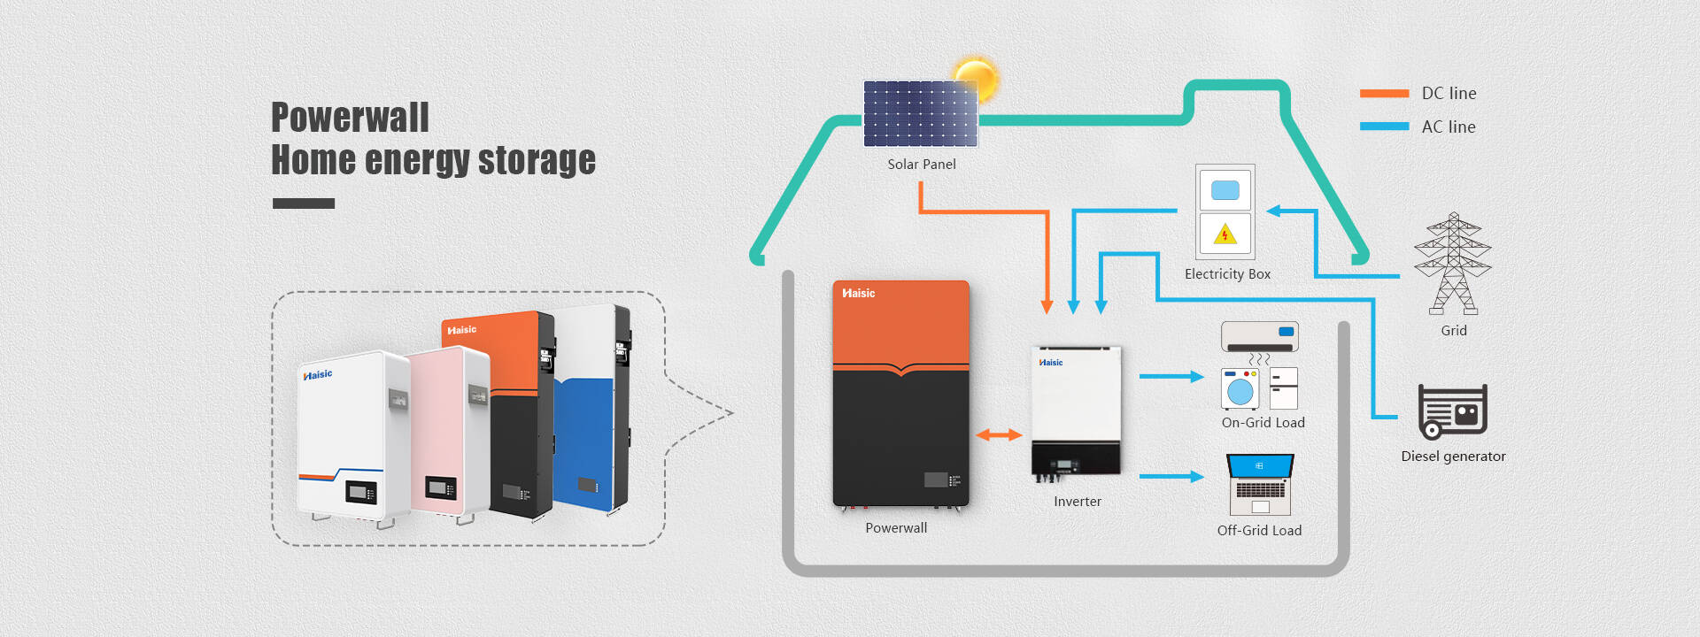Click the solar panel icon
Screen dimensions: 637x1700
(920, 113)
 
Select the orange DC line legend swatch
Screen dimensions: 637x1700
(1384, 93)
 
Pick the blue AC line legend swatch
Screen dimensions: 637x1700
(1384, 127)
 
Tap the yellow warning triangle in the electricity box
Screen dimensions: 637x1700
(1225, 234)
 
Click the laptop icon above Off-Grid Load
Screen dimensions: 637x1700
(1260, 484)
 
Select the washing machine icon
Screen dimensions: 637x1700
(1240, 388)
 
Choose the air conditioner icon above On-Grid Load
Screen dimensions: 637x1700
(1259, 336)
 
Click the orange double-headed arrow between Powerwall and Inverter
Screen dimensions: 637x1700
(999, 434)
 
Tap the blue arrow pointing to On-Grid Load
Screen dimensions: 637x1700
(1171, 376)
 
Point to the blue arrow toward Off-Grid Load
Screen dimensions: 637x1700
(1171, 477)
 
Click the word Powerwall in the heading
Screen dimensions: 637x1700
(350, 118)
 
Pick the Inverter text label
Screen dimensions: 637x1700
(1078, 502)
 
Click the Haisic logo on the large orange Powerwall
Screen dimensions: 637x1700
(858, 293)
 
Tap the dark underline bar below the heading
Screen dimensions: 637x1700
(304, 203)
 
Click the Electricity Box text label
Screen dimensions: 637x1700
(1227, 274)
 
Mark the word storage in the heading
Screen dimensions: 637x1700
(537, 161)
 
